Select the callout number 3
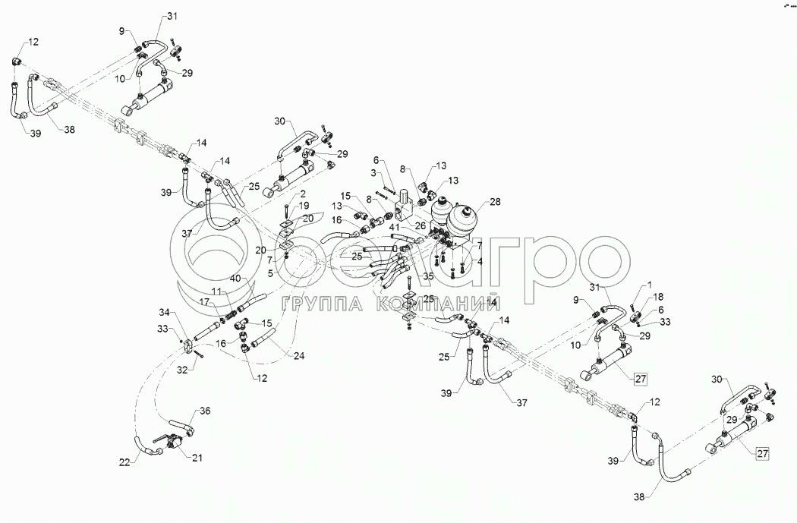coord(373,174)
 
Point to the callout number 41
coord(395,227)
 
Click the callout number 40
coord(236,279)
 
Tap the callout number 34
coord(166,313)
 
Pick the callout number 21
coord(197,458)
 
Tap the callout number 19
coord(304,206)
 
